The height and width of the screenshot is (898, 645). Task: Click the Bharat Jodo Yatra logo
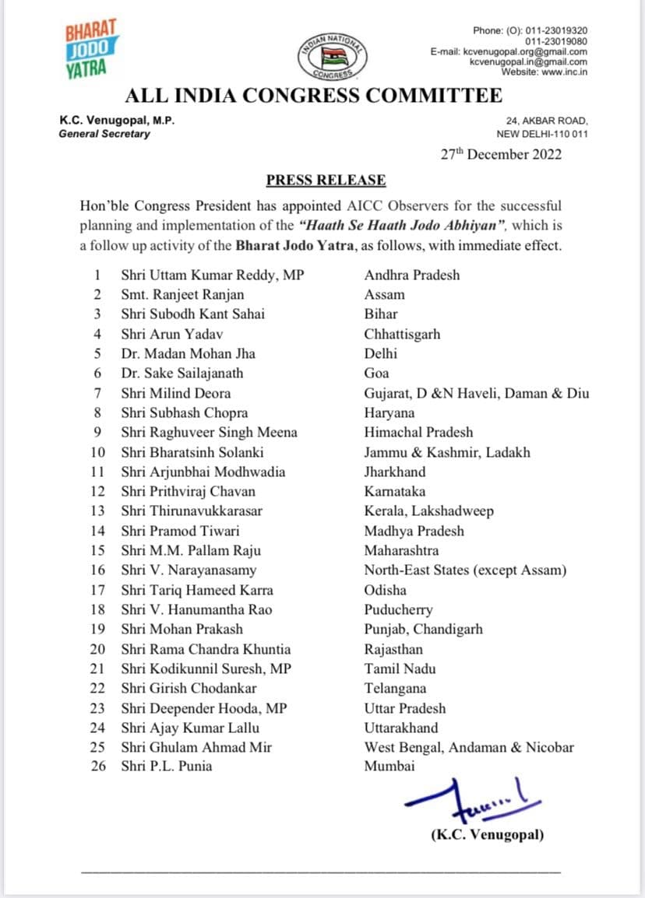(90, 49)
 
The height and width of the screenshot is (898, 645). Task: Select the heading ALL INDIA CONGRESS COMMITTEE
(314, 96)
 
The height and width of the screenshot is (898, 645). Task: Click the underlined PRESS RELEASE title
(326, 181)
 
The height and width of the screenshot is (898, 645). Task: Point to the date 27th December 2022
(502, 154)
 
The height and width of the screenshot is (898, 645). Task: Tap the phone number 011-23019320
(556, 30)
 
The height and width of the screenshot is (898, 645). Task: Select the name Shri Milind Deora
(176, 393)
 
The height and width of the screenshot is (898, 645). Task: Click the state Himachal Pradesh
(418, 432)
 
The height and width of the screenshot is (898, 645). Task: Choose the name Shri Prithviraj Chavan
(189, 491)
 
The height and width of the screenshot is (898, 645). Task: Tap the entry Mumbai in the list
(389, 766)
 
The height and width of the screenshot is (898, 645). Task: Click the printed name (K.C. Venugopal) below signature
(488, 835)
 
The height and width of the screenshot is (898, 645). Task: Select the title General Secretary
(104, 134)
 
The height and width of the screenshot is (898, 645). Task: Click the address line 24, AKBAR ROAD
(547, 121)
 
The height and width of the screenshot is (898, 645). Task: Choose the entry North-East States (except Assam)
(466, 570)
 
